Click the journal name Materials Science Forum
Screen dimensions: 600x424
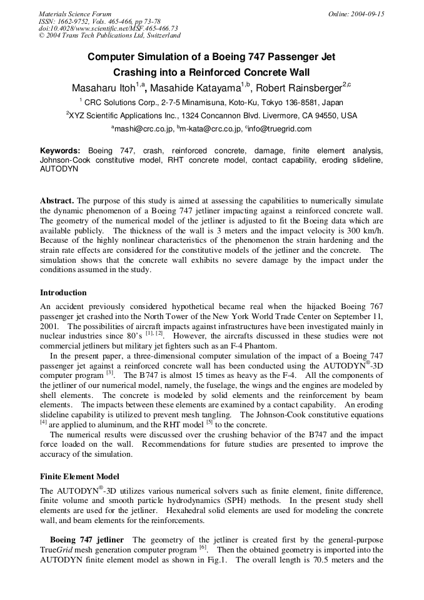pyautogui.click(x=75, y=14)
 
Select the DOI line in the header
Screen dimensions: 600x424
pyautogui.click(x=108, y=28)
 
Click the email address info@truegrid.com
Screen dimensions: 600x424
pyautogui.click(x=280, y=129)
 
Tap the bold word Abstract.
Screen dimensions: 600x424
pyautogui.click(x=57, y=200)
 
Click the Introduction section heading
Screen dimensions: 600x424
pyautogui.click(x=63, y=292)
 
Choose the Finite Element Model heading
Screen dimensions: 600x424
pyautogui.click(x=79, y=476)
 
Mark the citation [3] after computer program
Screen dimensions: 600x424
pyautogui.click(x=109, y=373)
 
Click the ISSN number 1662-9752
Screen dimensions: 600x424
pyautogui.click(x=74, y=21)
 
